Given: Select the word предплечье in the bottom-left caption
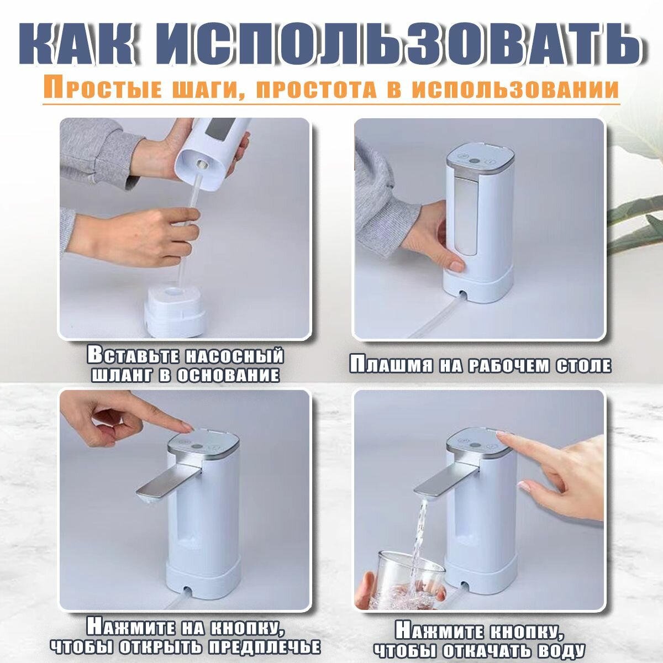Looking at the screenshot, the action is pyautogui.click(x=265, y=648).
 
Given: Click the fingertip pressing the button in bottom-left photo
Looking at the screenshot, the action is pyautogui.click(x=187, y=428).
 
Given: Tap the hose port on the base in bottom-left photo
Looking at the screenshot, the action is pyautogui.click(x=187, y=590).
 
